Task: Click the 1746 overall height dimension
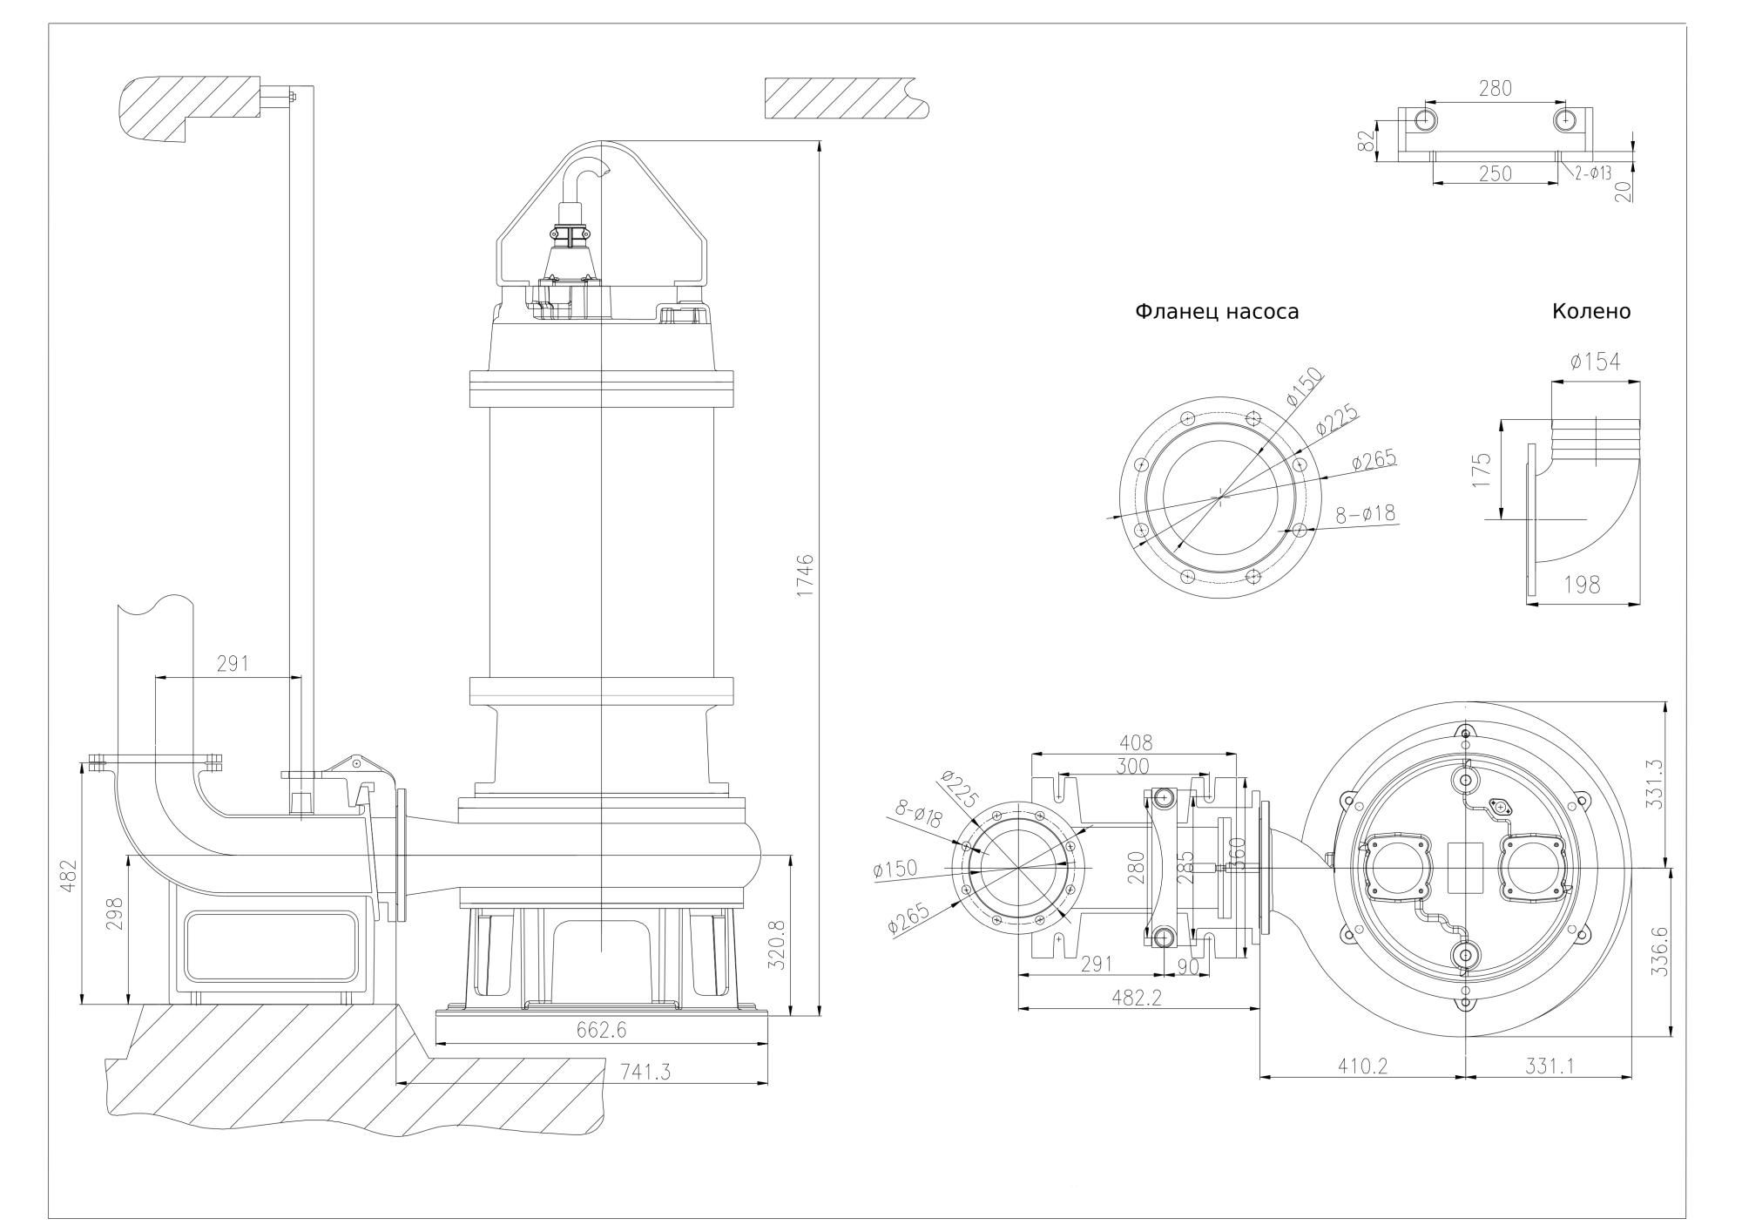coord(805,574)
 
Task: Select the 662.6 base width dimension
coord(601,1030)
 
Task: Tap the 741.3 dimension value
coord(645,1073)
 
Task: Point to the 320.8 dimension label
coord(778,945)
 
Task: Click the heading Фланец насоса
coord(1216,312)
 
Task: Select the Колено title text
coord(1590,312)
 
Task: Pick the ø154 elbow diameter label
coord(1596,362)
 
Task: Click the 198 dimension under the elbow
coord(1582,585)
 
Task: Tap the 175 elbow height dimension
coord(1482,470)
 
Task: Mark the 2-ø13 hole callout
coord(1592,173)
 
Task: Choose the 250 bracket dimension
coord(1495,173)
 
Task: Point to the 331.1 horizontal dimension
coord(1549,1066)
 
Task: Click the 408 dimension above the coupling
coord(1136,743)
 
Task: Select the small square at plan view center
coord(1465,868)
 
